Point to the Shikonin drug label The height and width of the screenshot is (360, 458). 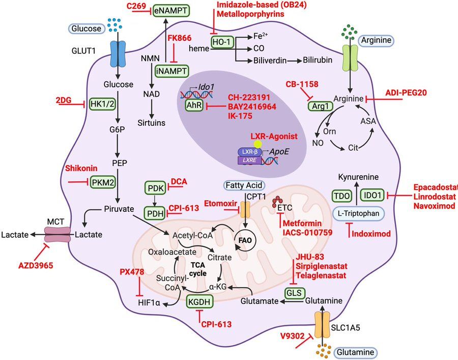pos(81,168)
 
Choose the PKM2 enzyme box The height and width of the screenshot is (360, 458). pos(103,181)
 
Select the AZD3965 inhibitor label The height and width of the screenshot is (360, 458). pos(35,266)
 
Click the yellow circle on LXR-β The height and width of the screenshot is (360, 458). pos(259,144)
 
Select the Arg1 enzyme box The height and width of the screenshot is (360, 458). pos(319,106)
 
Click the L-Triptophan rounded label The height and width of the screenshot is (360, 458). pos(358,214)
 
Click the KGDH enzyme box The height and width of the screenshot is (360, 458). pos(199,301)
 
